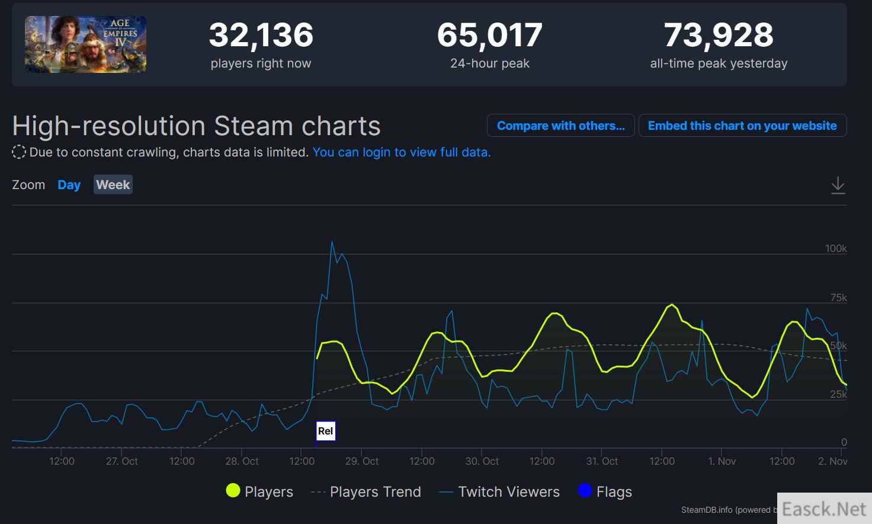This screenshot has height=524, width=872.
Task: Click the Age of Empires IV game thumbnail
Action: tap(85, 44)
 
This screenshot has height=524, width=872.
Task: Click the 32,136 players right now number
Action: tap(261, 35)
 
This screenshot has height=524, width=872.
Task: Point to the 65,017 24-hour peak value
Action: tap(489, 35)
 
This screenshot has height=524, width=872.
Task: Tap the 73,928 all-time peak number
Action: tap(719, 35)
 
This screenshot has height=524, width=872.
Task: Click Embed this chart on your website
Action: tap(742, 126)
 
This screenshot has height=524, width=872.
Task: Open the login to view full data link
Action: tap(401, 152)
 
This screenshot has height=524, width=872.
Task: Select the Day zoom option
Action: tap(69, 185)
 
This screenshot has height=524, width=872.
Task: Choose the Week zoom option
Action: tap(113, 185)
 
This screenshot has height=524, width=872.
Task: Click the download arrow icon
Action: tap(838, 185)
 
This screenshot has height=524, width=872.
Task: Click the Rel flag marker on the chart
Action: tap(325, 431)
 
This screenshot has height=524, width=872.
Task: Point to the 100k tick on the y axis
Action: tap(835, 248)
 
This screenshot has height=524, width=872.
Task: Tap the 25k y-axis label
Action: tap(838, 394)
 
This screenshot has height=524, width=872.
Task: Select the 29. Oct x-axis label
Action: tap(362, 461)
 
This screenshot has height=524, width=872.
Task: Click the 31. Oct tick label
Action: tap(602, 461)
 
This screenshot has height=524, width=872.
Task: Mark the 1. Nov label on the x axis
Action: tap(722, 461)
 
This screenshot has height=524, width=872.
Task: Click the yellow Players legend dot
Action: tap(233, 491)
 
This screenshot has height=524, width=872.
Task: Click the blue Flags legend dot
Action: tap(585, 491)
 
